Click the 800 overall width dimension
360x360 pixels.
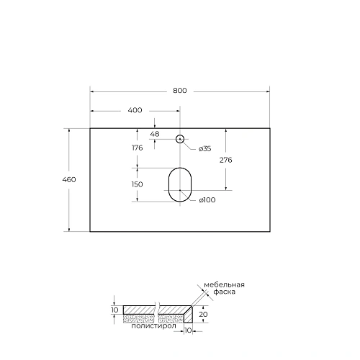pos(179,91)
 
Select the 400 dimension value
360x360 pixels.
pos(135,110)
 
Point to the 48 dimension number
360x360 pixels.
pos(154,134)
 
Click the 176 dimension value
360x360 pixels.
pos(138,148)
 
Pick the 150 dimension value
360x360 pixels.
pos(138,184)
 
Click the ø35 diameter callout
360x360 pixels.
pos(204,148)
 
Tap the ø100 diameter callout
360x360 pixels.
pos(208,200)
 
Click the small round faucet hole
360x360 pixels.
pos(179,138)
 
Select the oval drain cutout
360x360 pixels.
pos(179,184)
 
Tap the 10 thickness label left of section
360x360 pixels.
pos(114,310)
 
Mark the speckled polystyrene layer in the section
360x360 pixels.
pos(140,316)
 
